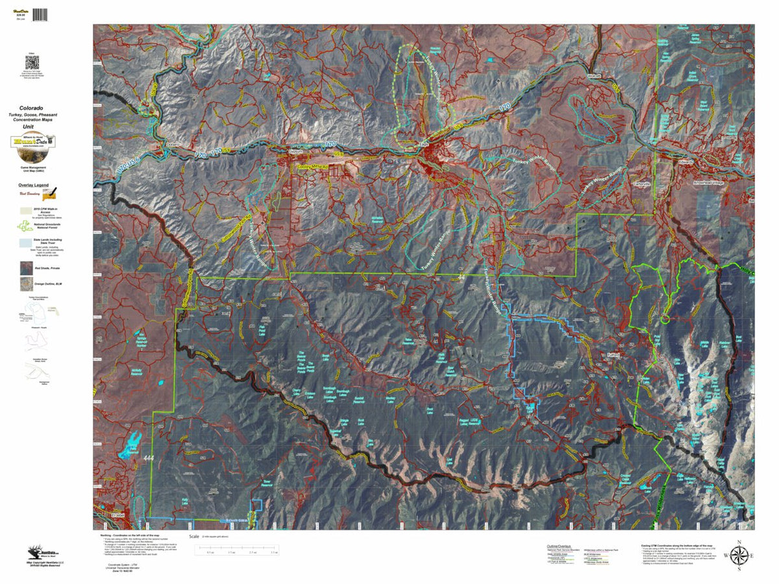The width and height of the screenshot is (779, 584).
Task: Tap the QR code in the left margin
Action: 32,63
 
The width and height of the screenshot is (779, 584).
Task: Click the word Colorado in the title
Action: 31,108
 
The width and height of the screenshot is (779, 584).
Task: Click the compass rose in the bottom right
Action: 739,555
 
